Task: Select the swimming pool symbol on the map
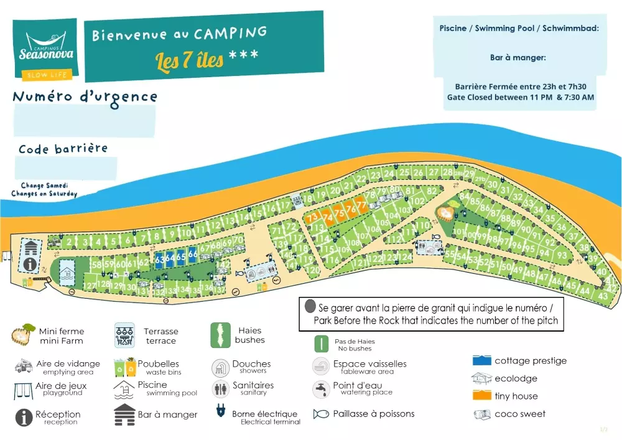pos(67,272)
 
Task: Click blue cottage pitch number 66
pos(193,255)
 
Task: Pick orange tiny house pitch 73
pos(312,216)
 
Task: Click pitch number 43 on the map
pos(603,296)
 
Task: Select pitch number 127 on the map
pos(90,285)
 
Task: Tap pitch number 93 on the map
pos(562,255)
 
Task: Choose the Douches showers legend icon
pos(221,368)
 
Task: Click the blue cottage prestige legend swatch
pos(482,360)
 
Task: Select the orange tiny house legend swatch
pos(482,396)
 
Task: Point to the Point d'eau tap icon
pos(321,389)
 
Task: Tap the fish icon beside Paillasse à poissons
pos(321,414)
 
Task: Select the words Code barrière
pos(63,149)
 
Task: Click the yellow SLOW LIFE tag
pos(47,76)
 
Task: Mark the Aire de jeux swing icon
pos(23,390)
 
